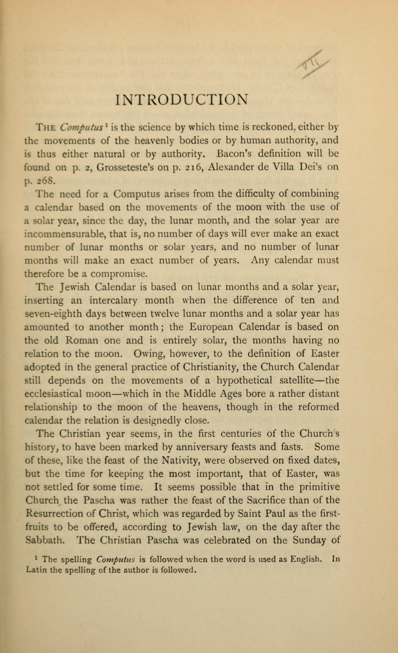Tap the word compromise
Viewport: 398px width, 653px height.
tap(119, 274)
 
